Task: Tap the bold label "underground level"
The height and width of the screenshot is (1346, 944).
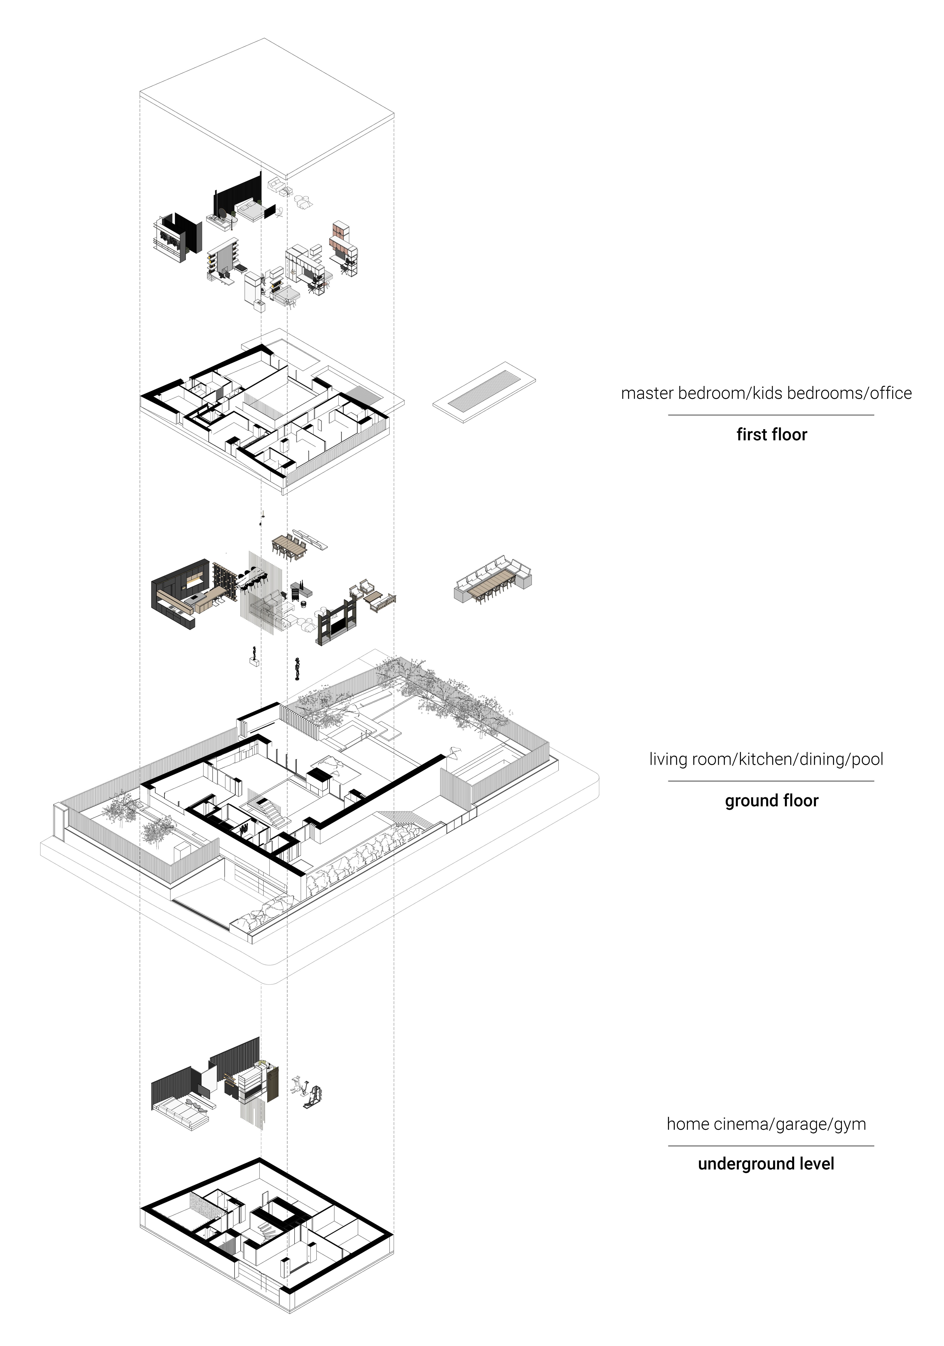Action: pyautogui.click(x=766, y=1164)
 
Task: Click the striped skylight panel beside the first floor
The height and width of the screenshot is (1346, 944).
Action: pyautogui.click(x=484, y=392)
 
